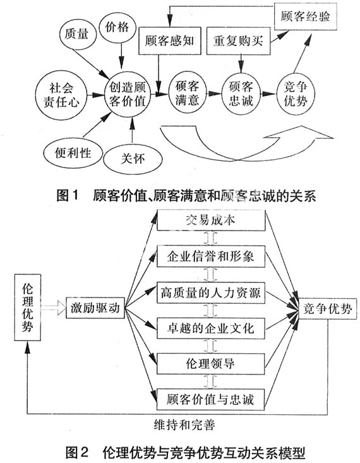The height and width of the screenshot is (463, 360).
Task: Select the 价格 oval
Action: point(117,27)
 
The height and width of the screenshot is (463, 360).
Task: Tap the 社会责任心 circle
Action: point(61,95)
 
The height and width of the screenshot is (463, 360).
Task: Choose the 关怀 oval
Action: point(133,159)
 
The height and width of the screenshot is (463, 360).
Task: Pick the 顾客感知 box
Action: point(170,41)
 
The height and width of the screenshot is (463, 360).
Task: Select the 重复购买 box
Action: point(238,41)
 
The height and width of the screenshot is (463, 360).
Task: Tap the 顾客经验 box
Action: point(305,16)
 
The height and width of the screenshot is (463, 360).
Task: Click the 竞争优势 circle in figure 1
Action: point(296,94)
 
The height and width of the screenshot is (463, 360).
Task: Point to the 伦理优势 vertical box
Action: point(28,307)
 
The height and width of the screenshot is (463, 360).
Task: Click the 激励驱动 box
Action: point(95,308)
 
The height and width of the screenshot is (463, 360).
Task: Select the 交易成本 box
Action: point(211,220)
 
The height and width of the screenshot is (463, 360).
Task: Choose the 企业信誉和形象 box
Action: point(211,256)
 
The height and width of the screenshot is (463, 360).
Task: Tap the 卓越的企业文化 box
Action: point(210,328)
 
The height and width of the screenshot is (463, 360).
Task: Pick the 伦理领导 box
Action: point(210,364)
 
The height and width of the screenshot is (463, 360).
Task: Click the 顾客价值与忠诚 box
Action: point(210,399)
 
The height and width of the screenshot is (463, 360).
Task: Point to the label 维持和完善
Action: point(184,425)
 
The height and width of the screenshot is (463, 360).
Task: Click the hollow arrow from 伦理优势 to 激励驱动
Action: point(54,308)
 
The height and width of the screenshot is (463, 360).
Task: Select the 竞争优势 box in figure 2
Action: point(328,309)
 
